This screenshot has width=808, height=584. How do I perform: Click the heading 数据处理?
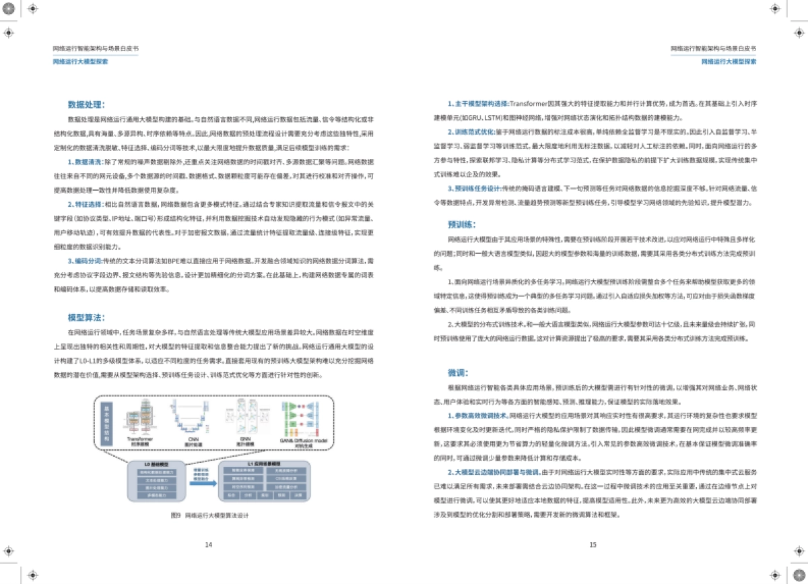click(x=86, y=104)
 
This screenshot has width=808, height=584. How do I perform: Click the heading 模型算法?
click(x=86, y=317)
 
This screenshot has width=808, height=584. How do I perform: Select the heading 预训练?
click(x=463, y=224)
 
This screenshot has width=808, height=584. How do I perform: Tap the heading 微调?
click(x=458, y=372)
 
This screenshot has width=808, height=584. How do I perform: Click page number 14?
click(x=208, y=544)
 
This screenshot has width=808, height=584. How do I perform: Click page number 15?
click(x=593, y=544)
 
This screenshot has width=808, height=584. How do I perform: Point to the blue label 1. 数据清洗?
click(x=84, y=162)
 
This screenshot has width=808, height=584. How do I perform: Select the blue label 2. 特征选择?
click(x=84, y=203)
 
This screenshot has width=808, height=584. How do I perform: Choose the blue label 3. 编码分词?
click(x=84, y=259)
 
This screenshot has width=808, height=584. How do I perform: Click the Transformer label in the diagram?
click(x=141, y=439)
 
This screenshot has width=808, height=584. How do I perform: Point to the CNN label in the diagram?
click(x=193, y=439)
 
